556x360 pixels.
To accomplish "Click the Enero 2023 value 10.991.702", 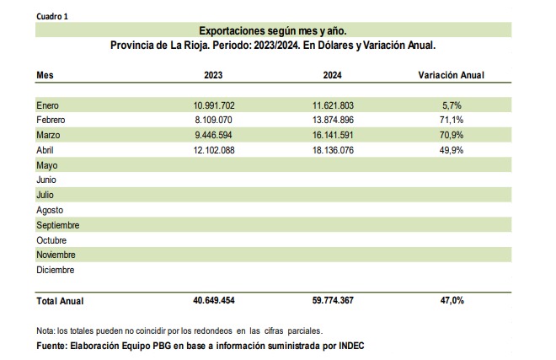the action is [x=214, y=105].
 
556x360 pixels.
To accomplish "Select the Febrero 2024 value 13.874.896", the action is [x=333, y=120].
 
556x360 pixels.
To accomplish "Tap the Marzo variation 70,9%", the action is [x=452, y=135].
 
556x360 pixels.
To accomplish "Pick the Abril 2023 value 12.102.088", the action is [x=214, y=150].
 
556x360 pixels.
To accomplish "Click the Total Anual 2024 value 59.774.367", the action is [x=333, y=300].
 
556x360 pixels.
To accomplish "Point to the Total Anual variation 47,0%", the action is [x=452, y=300].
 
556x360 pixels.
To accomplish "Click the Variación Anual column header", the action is [x=451, y=75].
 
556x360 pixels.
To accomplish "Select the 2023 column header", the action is [x=213, y=75].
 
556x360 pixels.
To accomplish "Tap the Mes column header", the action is [x=45, y=75].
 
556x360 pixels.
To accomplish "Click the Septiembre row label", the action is [x=58, y=225].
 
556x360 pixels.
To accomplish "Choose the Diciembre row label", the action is [x=56, y=270].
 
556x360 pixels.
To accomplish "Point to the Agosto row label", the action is [x=50, y=210].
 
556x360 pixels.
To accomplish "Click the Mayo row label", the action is [x=47, y=165].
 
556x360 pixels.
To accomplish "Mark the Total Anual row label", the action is [x=60, y=301].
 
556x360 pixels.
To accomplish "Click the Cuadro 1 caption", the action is [x=52, y=17].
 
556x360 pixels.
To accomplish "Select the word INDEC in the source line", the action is [x=351, y=346].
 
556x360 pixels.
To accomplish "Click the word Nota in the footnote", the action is [x=45, y=330].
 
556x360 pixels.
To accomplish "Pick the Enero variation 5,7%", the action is [x=452, y=105].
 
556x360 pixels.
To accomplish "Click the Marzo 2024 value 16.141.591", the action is [x=333, y=135].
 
